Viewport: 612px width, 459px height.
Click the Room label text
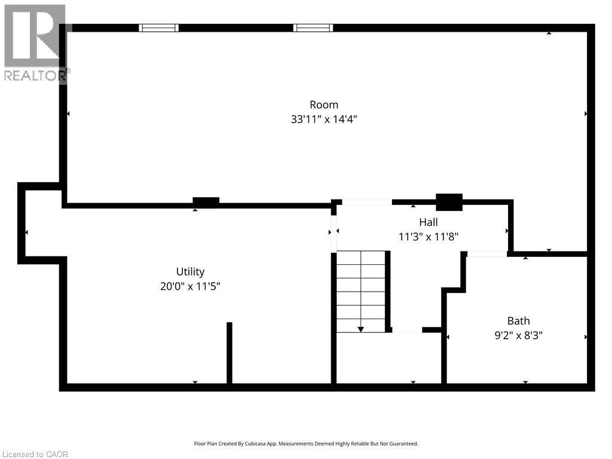[324, 105]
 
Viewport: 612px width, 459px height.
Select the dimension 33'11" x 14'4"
[324, 119]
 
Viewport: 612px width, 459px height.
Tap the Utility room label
[190, 271]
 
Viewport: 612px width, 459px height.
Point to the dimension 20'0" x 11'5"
[190, 286]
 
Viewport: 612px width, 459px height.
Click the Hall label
[428, 222]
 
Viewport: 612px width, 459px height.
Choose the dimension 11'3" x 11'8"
[428, 236]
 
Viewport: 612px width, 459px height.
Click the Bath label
[518, 321]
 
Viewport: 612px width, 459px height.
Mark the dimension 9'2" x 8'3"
[518, 335]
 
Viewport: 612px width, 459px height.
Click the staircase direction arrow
[361, 329]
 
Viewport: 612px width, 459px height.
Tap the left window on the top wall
[158, 27]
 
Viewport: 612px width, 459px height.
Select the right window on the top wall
[313, 27]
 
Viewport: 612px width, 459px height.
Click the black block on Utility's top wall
[206, 202]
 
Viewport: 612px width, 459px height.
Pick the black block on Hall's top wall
[449, 202]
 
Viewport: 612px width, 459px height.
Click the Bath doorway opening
[486, 254]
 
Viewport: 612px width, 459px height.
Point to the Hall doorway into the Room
[366, 202]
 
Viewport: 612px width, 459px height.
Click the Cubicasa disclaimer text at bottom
[306, 443]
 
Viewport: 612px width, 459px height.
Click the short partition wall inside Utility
[229, 353]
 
